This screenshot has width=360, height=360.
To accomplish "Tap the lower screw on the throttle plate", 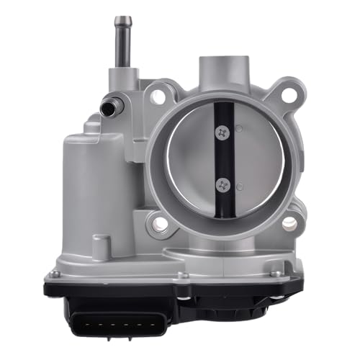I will [222, 184].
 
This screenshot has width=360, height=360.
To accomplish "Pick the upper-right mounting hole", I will [288, 94].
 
